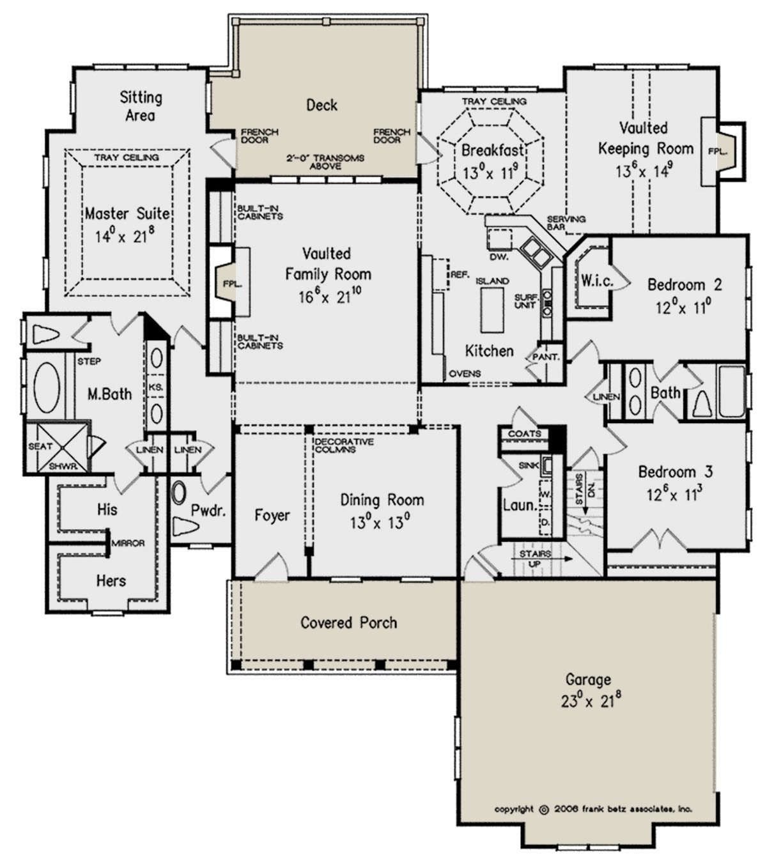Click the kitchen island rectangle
[492, 310]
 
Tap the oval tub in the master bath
[46, 387]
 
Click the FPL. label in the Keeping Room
[718, 151]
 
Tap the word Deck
[322, 105]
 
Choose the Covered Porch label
[348, 622]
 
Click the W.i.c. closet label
[598, 280]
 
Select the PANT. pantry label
[546, 357]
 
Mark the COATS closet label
[525, 433]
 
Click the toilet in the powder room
[185, 527]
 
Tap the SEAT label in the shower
[41, 446]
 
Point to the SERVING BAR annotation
[566, 222]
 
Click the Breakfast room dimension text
[490, 172]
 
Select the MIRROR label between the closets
[128, 543]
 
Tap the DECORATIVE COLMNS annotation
[344, 445]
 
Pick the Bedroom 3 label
[676, 472]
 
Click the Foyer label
[272, 515]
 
